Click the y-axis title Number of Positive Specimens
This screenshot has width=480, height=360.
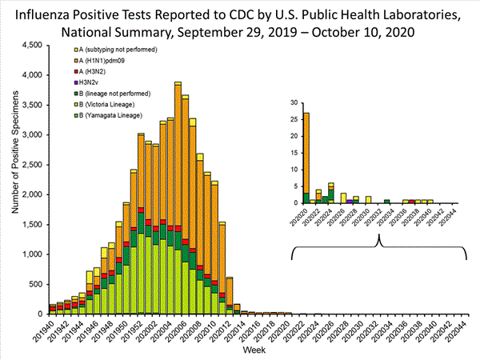(x=14, y=179)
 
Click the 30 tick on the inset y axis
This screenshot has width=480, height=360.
(x=294, y=103)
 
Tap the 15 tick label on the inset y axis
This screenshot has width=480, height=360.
(x=294, y=153)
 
